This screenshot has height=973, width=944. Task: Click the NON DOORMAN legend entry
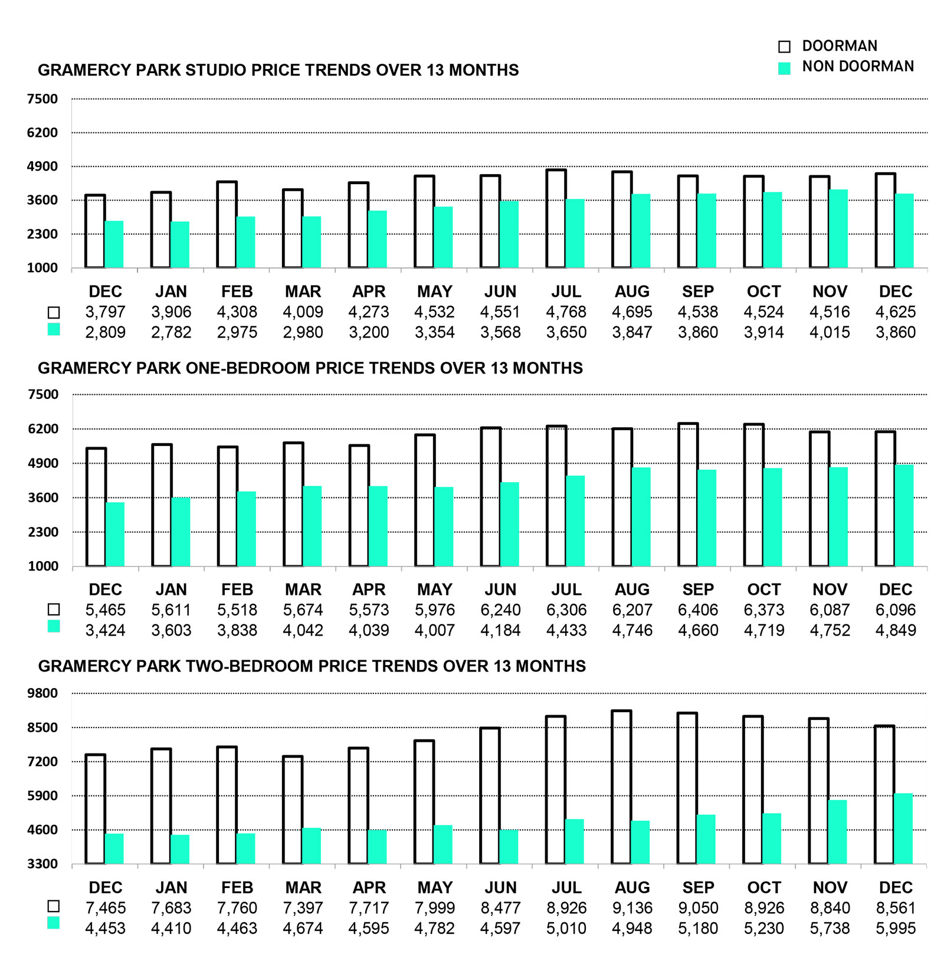(x=857, y=67)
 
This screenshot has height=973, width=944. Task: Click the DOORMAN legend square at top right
(x=784, y=47)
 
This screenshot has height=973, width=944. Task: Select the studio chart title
(x=278, y=70)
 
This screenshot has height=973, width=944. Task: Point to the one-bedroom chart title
(x=310, y=368)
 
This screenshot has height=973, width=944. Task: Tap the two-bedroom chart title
(x=312, y=666)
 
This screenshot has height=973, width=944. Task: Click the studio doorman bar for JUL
(x=556, y=219)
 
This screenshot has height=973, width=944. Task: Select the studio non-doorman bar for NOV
(x=838, y=228)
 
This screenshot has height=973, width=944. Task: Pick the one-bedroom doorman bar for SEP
(x=688, y=495)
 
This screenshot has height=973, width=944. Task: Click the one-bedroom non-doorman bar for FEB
(x=247, y=529)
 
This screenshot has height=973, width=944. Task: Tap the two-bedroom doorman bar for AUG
(x=621, y=787)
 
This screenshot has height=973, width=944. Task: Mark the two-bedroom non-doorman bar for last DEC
(x=903, y=828)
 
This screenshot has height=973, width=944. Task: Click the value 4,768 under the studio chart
(x=566, y=312)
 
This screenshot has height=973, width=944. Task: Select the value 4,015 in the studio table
(x=830, y=333)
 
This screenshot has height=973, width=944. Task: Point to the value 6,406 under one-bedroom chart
(x=698, y=610)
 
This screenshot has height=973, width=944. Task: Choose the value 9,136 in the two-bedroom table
(x=632, y=908)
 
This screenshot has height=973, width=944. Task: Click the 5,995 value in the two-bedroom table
(x=896, y=929)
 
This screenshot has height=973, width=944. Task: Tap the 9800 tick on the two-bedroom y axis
(x=42, y=693)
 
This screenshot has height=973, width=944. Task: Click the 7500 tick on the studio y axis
(x=42, y=99)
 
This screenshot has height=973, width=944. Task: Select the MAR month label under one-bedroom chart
(x=303, y=589)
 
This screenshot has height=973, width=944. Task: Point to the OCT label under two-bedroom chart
(x=763, y=887)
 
